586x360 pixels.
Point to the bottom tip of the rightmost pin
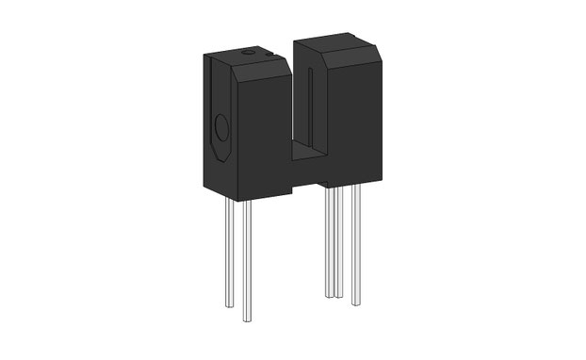click(355, 303)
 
